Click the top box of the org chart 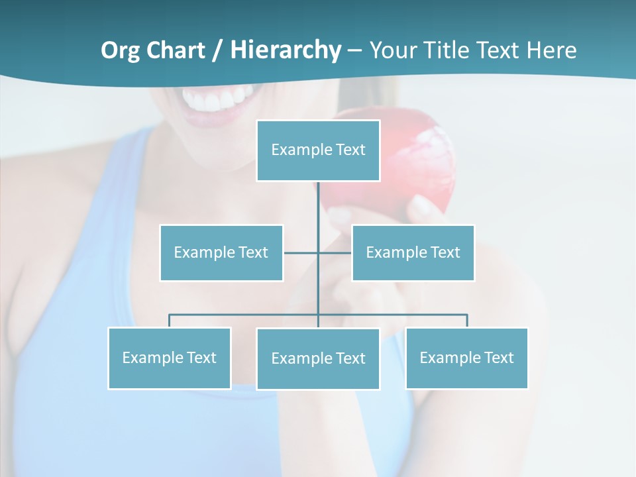click(318, 150)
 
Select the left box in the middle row click(221, 252)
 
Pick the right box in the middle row click(413, 252)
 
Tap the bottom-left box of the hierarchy click(170, 358)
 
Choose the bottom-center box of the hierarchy click(318, 358)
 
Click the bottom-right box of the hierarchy click(466, 358)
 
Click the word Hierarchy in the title click(286, 50)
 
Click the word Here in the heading click(551, 50)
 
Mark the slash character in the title click(217, 51)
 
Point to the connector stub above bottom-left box click(169, 321)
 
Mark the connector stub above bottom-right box click(467, 321)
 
